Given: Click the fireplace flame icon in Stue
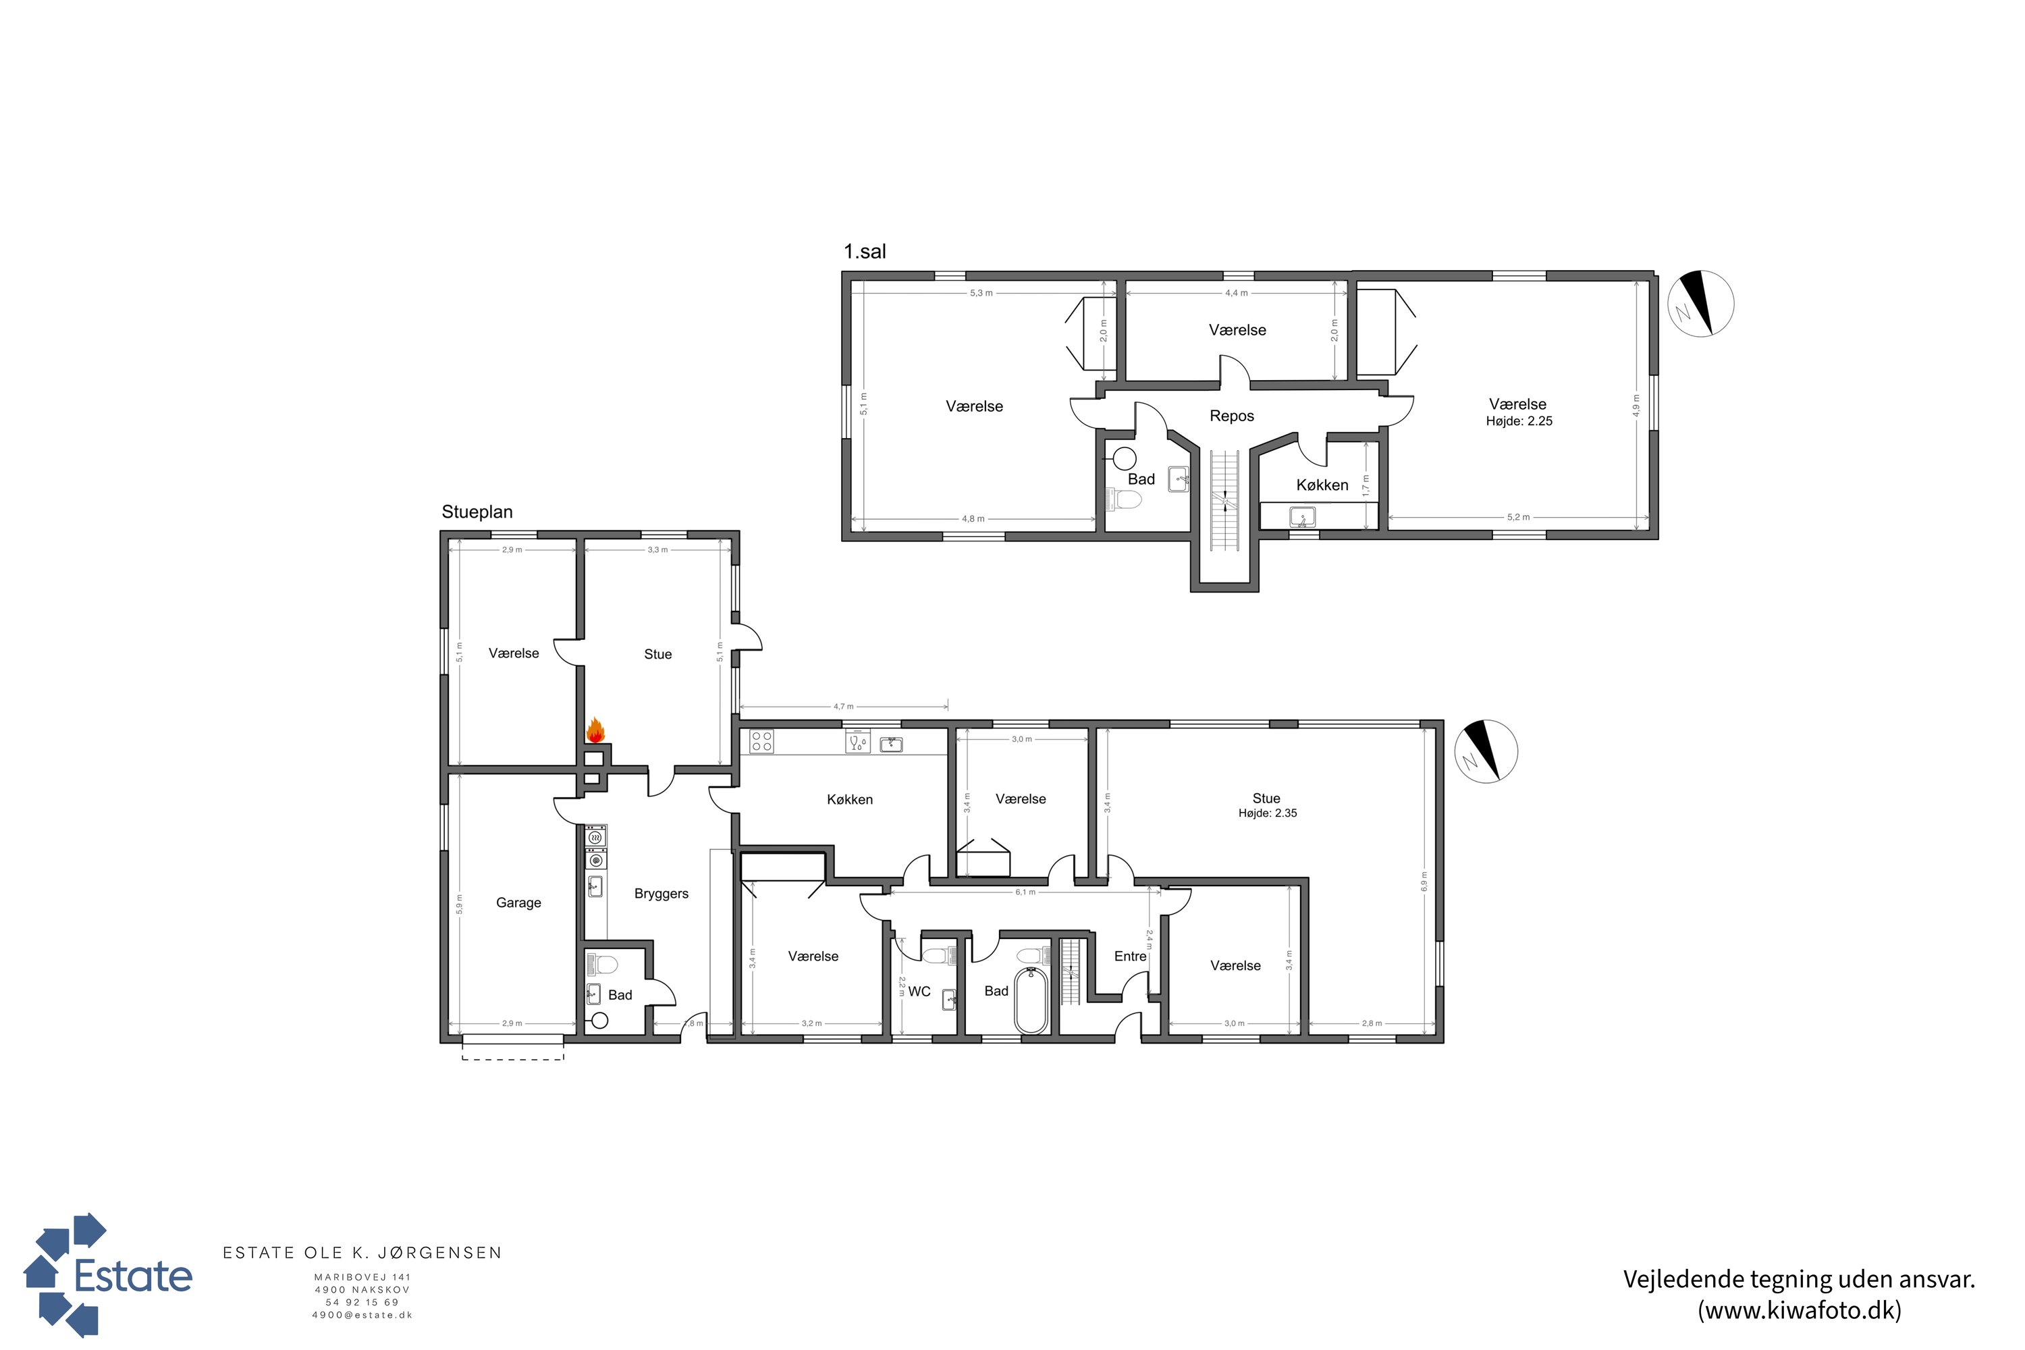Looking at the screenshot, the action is pyautogui.click(x=595, y=731).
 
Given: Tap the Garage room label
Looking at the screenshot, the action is pyautogui.click(x=518, y=902).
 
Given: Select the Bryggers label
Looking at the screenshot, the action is pyautogui.click(x=661, y=894).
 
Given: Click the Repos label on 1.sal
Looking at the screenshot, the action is pyautogui.click(x=1231, y=416).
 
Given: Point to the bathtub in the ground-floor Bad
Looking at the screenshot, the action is pyautogui.click(x=1031, y=1000).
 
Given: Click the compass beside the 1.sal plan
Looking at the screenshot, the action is pyautogui.click(x=1700, y=303).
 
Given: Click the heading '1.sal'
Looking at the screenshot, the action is pyautogui.click(x=865, y=251).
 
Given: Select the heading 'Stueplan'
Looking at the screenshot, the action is pyautogui.click(x=477, y=512).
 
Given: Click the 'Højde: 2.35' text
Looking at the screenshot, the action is pyautogui.click(x=1268, y=813).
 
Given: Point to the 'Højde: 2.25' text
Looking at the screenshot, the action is pyautogui.click(x=1519, y=421).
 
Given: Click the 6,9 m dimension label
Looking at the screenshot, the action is pyautogui.click(x=1424, y=882).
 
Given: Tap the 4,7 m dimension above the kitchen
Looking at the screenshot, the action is pyautogui.click(x=843, y=706).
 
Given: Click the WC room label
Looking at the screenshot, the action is pyautogui.click(x=919, y=991).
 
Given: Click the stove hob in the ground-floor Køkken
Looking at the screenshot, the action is pyautogui.click(x=761, y=741).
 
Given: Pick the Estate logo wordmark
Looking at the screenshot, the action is pyautogui.click(x=134, y=1277).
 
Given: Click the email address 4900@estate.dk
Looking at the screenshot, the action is pyautogui.click(x=362, y=1315).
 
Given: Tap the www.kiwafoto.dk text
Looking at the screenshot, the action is pyautogui.click(x=1800, y=1309).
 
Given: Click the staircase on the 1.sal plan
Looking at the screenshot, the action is pyautogui.click(x=1224, y=500).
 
